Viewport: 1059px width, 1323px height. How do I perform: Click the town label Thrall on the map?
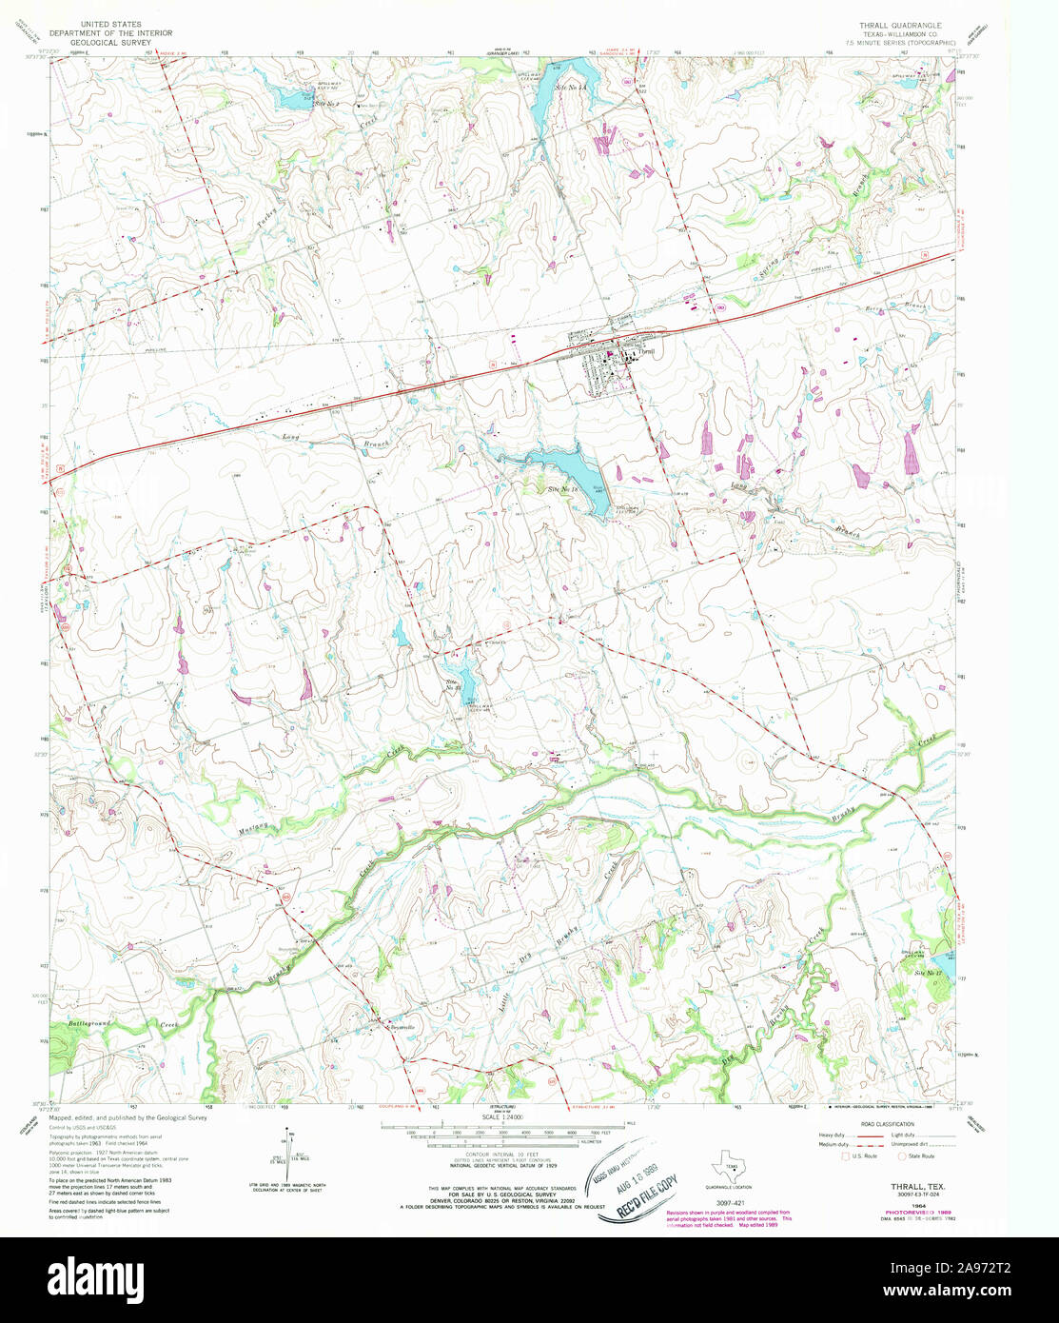tap(648, 351)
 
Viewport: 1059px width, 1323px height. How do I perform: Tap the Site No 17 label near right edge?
tap(928, 972)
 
